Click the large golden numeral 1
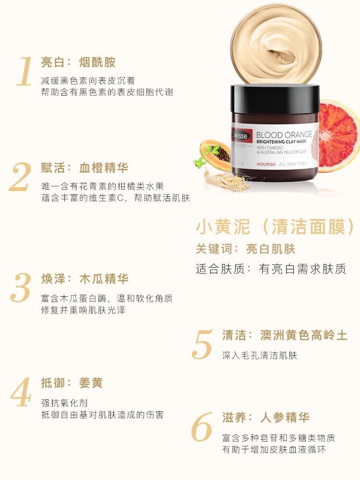click(x=24, y=72)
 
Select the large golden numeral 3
click(x=21, y=288)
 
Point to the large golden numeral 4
click(x=21, y=393)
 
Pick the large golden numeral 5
click(x=202, y=344)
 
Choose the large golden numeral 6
click(x=202, y=427)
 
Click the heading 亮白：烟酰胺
click(x=78, y=62)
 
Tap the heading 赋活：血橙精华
click(x=84, y=168)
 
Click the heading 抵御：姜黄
click(x=72, y=383)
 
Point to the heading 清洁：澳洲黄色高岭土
click(x=285, y=335)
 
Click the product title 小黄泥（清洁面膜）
click(x=277, y=227)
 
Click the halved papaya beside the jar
click(x=216, y=154)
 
